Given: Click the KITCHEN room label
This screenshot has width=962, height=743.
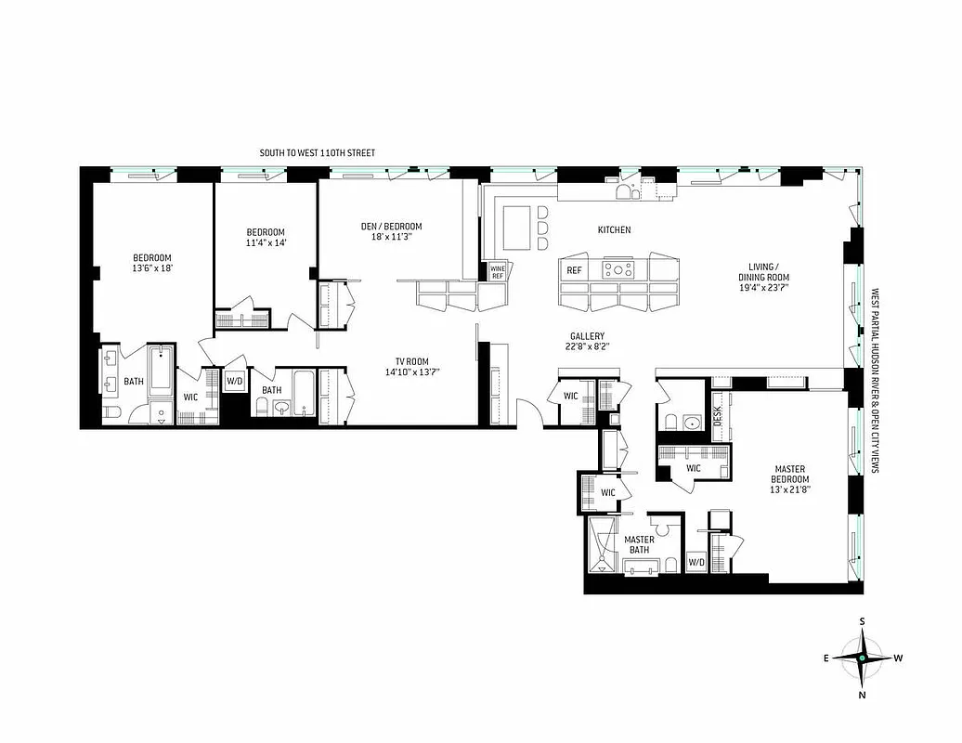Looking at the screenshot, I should pos(615,229).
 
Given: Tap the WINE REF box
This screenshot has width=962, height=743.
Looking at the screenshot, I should pos(497,272).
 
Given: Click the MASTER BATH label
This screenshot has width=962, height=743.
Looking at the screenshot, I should pos(639,546).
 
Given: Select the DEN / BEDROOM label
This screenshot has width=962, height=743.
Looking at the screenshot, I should pos(391,231).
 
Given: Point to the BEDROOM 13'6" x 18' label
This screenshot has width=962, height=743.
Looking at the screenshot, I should pos(151,263).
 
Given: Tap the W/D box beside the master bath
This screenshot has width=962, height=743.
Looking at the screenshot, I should pos(695,563).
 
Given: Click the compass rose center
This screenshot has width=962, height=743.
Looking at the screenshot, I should pos(862,658).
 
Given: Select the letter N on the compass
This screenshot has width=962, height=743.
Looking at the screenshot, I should pos(862,694).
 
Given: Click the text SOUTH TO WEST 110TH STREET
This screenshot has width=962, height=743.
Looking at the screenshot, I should pos(318,152).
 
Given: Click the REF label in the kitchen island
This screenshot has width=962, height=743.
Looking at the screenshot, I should pos(574,270).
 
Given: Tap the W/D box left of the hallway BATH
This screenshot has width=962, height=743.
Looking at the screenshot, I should pos(235,381).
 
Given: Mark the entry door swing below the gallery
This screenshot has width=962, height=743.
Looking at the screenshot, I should pos(528,411).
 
